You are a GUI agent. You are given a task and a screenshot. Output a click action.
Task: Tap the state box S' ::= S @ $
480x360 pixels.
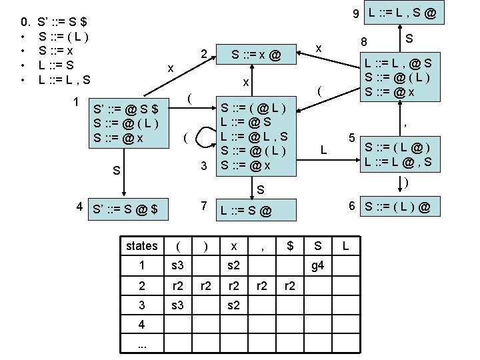click(127, 209)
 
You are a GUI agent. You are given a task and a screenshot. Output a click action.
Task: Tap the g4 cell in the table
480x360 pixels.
click(317, 267)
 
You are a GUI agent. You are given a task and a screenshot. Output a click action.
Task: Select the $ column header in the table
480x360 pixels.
click(289, 246)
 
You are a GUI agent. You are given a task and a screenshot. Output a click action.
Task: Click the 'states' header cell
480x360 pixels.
click(142, 246)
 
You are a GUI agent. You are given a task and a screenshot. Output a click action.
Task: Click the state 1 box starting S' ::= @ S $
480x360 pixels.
click(127, 123)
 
